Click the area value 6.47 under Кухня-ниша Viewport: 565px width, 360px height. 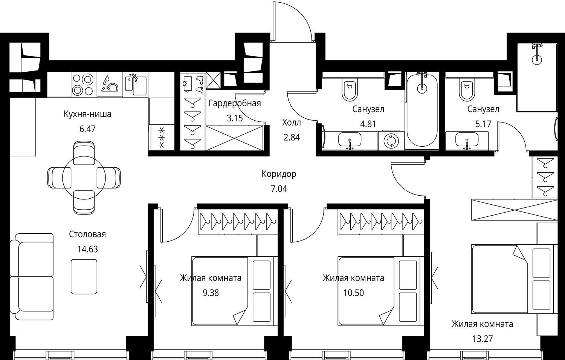(x=87, y=129)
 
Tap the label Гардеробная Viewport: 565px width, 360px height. (x=235, y=103)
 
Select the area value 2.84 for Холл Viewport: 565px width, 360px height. (x=292, y=137)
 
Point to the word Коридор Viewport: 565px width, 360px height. (x=279, y=174)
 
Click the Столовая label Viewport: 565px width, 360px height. (x=87, y=234)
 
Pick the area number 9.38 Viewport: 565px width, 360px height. (x=211, y=293)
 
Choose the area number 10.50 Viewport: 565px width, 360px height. (x=353, y=293)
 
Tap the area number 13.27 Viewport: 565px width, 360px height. (x=482, y=339)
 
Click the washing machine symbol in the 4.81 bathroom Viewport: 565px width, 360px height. (x=391, y=141)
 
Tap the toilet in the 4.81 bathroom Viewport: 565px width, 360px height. (x=350, y=90)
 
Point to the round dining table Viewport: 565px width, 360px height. (x=84, y=178)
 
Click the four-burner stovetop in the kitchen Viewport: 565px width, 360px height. (x=84, y=84)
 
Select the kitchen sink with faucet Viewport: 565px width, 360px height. (x=136, y=84)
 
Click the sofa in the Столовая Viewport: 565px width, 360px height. (x=32, y=277)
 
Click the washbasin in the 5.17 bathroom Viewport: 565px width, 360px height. (x=467, y=140)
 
